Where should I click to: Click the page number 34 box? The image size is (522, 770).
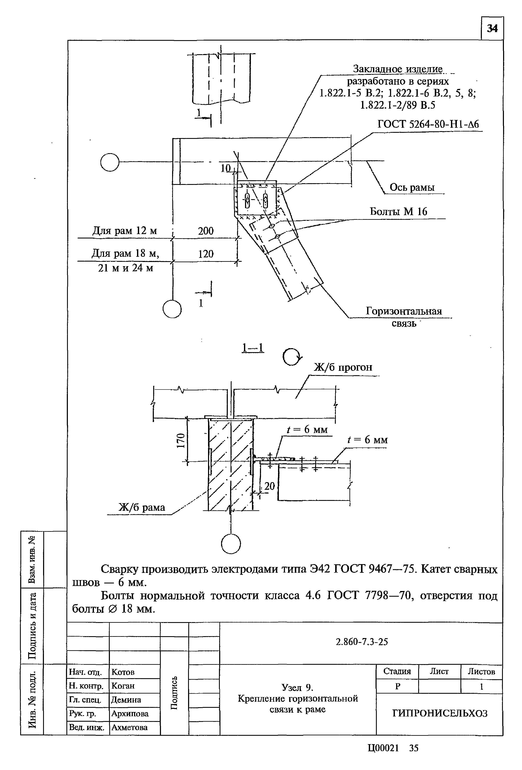click(492, 29)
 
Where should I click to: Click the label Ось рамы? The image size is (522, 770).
click(412, 188)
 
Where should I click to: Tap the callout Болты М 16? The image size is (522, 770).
click(398, 211)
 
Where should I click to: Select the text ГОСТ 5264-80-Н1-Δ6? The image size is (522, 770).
click(428, 124)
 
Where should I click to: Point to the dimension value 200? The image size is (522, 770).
click(206, 231)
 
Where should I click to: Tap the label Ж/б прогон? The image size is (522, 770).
click(343, 367)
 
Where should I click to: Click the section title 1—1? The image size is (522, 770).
click(253, 348)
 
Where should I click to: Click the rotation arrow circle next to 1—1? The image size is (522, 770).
click(292, 357)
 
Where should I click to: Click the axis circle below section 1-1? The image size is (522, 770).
click(231, 544)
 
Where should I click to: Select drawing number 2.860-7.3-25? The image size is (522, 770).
click(362, 642)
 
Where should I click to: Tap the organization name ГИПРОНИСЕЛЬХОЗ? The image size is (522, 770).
click(440, 713)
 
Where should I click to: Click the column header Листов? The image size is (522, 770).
click(481, 672)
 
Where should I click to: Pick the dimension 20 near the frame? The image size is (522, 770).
click(269, 486)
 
